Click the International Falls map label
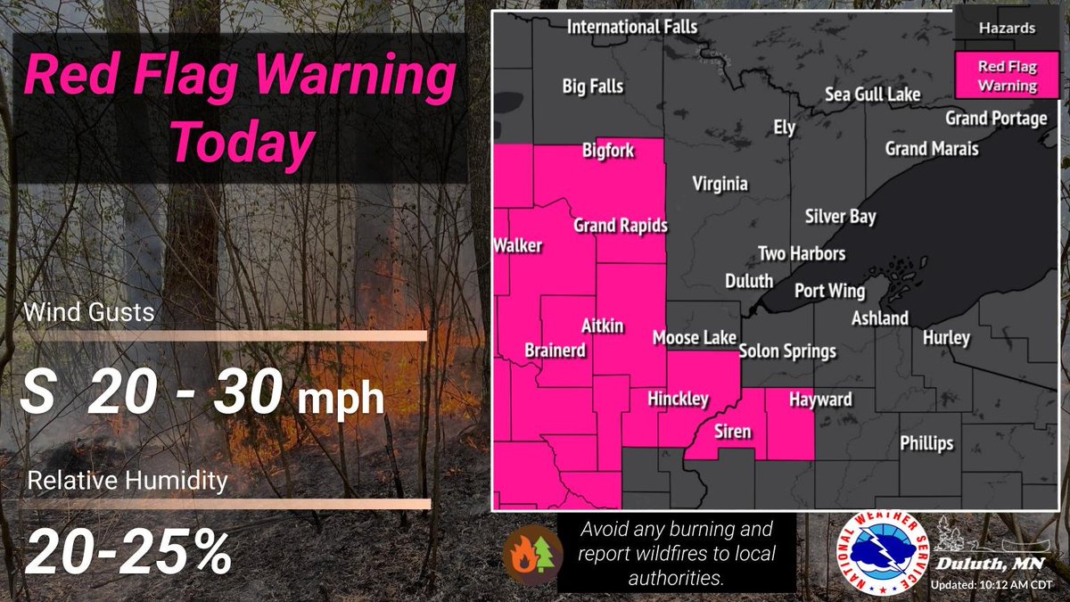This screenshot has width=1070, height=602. click(632, 28)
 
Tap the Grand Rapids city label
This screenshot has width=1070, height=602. click(620, 227)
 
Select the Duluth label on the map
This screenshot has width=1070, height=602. click(748, 282)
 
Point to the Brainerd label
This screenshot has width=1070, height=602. click(555, 351)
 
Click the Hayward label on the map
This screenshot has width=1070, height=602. click(820, 400)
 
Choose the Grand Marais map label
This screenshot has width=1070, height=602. click(931, 149)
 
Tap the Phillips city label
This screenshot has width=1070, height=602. click(926, 443)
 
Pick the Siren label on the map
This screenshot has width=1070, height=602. click(733, 433)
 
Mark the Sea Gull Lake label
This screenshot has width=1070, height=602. click(872, 95)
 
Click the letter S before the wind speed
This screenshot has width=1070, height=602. click(37, 393)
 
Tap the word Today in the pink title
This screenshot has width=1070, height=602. click(243, 140)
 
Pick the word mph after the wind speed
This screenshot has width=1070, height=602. click(341, 400)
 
